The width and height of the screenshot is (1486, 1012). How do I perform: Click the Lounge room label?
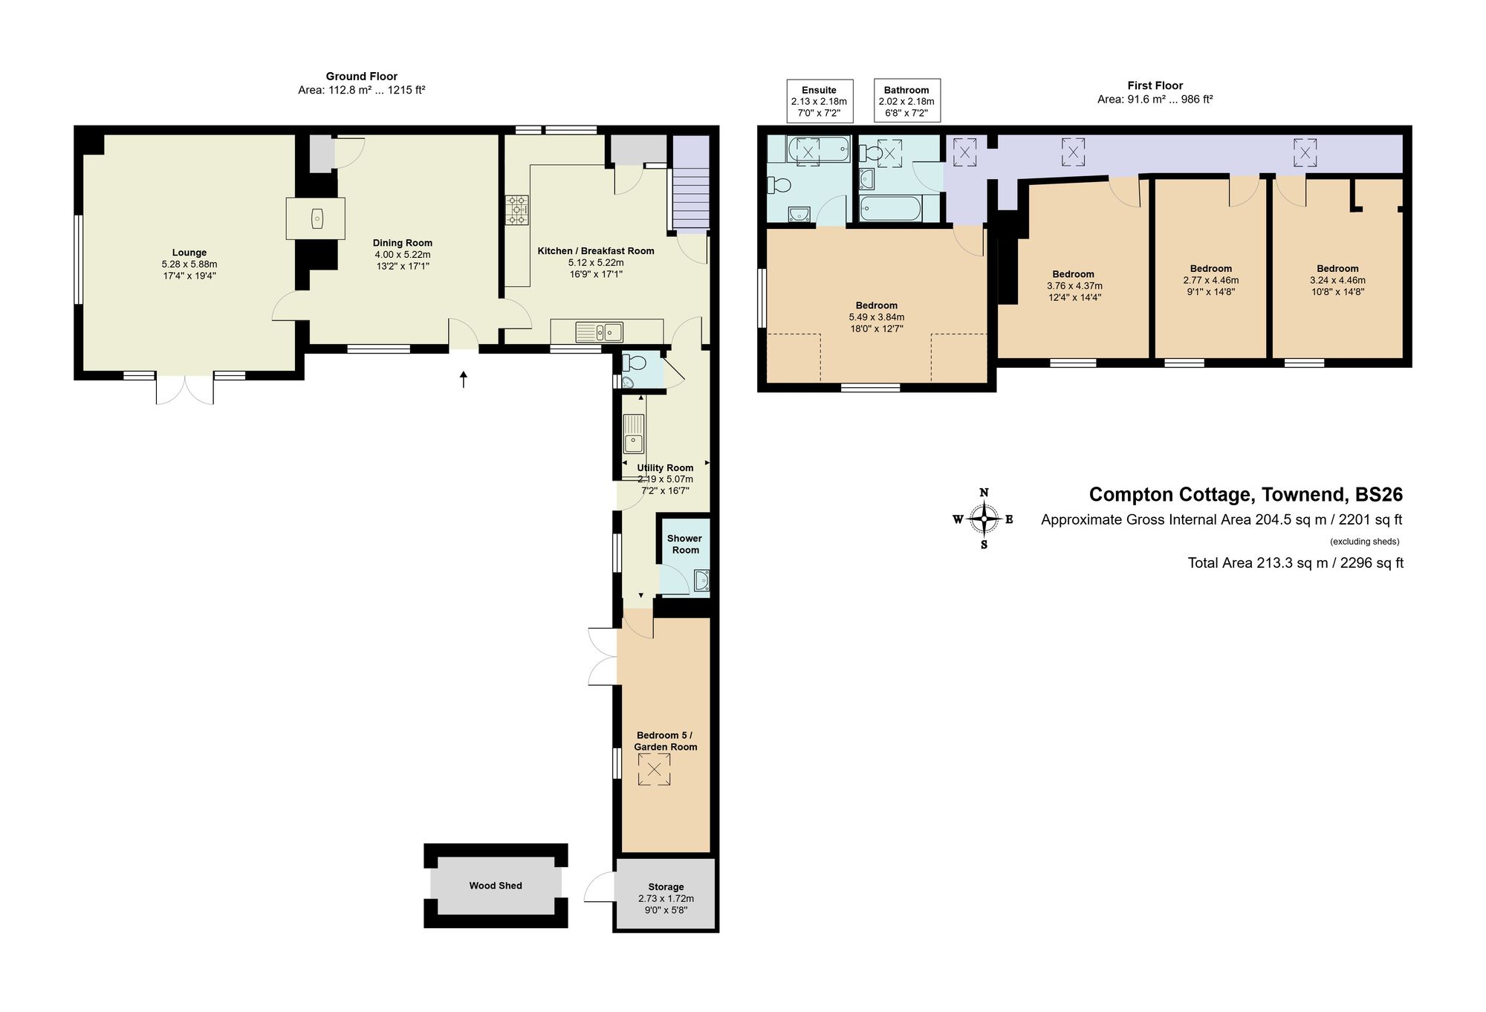(189, 253)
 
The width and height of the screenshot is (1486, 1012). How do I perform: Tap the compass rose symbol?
(984, 519)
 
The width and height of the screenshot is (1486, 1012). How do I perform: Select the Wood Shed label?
(496, 886)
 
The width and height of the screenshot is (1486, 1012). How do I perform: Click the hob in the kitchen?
(517, 210)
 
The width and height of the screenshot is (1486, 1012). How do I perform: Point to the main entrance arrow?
(464, 380)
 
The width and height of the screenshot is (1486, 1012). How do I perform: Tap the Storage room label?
(666, 886)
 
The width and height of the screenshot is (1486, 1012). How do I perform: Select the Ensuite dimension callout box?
(820, 101)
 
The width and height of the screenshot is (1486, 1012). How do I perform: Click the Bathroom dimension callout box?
(906, 101)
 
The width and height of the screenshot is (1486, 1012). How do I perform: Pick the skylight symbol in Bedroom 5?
(654, 770)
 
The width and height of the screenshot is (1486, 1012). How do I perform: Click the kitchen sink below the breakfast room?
(603, 331)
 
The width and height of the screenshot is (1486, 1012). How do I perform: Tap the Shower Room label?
(684, 544)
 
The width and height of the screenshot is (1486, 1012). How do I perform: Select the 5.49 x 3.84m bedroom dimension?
(876, 317)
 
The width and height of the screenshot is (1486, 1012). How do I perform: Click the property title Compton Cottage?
(1245, 495)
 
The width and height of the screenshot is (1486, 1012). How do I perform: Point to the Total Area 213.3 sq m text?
(1295, 563)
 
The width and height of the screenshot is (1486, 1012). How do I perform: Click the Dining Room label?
(402, 243)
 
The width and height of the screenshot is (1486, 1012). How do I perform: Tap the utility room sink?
(633, 434)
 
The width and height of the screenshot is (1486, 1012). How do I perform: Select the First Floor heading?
(1155, 85)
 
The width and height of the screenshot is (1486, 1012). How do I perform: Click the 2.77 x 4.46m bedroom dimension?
(1210, 281)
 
